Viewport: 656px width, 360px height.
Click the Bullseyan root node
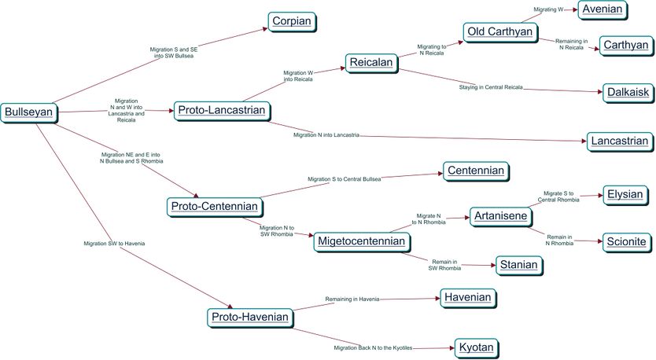tap(28, 112)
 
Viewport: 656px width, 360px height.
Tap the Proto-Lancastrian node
tap(221, 111)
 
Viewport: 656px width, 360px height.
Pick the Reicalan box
tap(371, 64)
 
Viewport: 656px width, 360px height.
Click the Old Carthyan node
tap(499, 32)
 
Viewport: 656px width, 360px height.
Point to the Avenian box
tap(602, 9)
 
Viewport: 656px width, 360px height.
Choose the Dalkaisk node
tap(628, 93)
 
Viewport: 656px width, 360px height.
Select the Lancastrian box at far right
tap(619, 141)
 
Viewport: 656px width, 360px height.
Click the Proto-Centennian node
tap(213, 208)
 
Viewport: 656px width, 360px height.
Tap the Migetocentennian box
tap(360, 241)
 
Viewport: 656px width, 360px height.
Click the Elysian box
tap(625, 194)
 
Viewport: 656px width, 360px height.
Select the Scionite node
tap(626, 242)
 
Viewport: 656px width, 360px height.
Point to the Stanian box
tap(518, 265)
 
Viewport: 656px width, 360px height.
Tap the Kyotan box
tap(476, 347)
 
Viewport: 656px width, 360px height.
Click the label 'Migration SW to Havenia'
tap(114, 244)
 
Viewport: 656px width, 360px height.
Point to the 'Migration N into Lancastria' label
tap(326, 135)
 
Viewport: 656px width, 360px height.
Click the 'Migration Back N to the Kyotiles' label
tap(372, 347)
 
